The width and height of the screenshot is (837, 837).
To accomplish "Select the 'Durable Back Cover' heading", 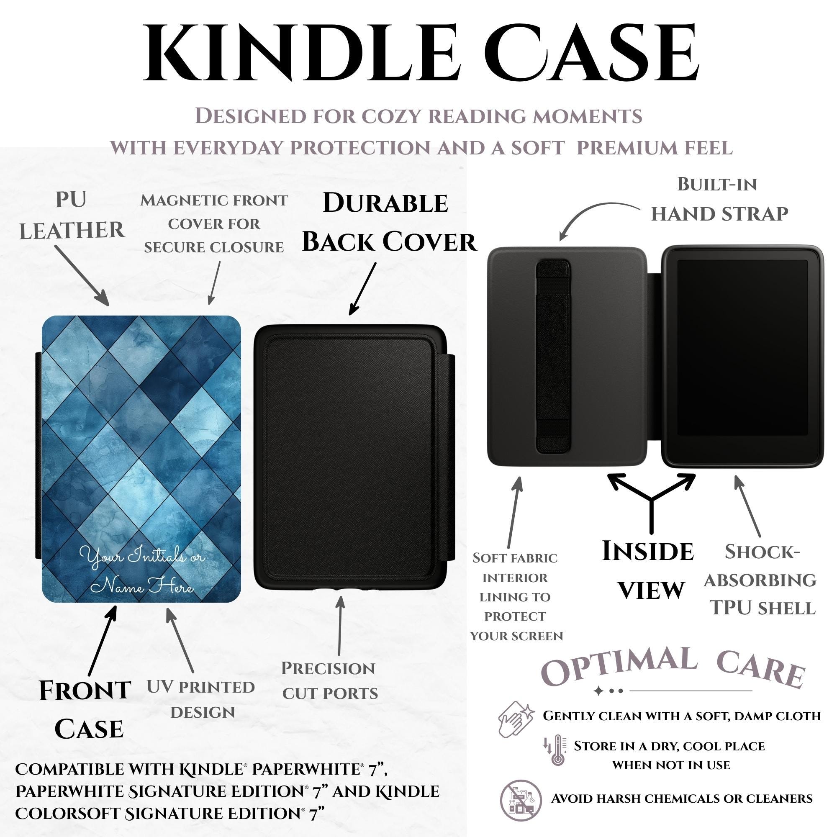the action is click(389, 222).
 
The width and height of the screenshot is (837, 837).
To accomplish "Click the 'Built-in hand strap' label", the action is click(719, 199).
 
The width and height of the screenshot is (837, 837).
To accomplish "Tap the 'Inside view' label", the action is click(649, 570).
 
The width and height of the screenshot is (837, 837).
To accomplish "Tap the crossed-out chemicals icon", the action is click(521, 798).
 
